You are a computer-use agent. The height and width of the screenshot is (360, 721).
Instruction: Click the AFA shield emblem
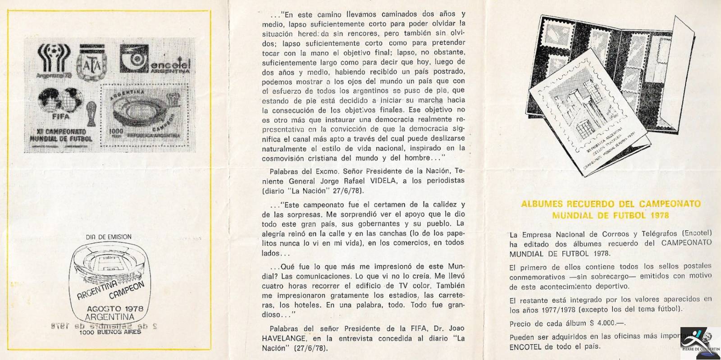tap(93, 64)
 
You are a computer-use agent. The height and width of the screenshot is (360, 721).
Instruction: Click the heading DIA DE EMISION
tap(109, 237)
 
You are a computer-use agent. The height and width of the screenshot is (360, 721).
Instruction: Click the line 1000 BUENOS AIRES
tap(110, 332)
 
